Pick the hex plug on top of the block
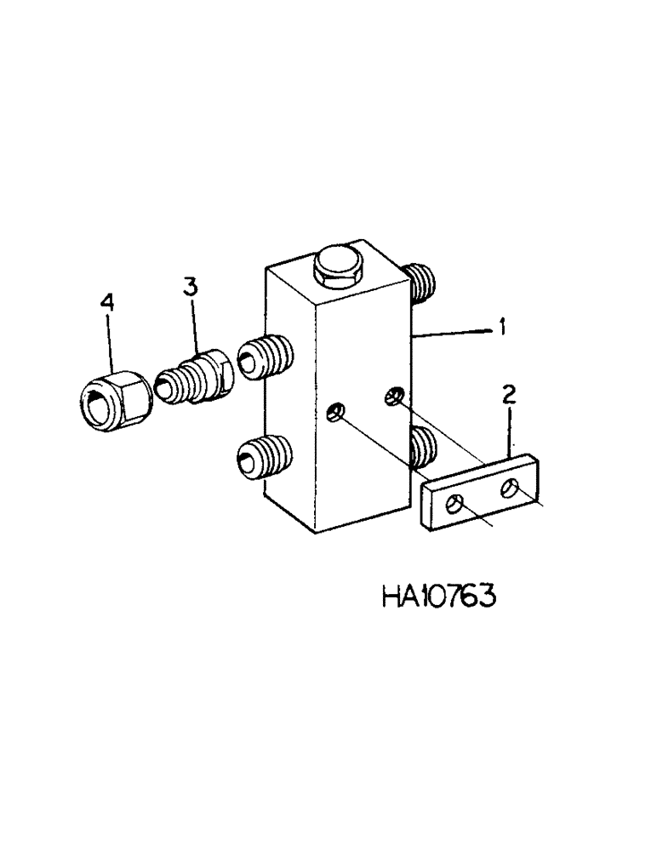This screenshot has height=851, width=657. click(336, 265)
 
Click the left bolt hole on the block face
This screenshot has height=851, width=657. click(337, 413)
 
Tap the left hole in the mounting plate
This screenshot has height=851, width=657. click(456, 506)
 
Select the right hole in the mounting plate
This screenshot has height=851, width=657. click(511, 487)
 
